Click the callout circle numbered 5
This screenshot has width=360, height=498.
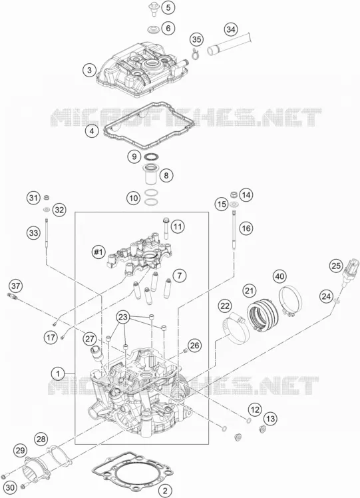pyautogui.click(x=168, y=7)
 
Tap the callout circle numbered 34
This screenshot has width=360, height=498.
pyautogui.click(x=231, y=29)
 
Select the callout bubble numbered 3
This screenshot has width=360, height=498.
pyautogui.click(x=90, y=70)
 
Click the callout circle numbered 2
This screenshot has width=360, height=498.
pyautogui.click(x=165, y=490)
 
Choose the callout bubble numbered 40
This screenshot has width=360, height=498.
pyautogui.click(x=279, y=276)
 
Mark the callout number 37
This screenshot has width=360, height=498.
pyautogui.click(x=15, y=286)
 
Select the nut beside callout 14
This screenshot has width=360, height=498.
pyautogui.click(x=234, y=194)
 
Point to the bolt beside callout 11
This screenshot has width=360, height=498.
pyautogui.click(x=166, y=228)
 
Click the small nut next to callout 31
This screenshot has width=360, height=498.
pyautogui.click(x=46, y=198)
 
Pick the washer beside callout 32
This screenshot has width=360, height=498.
pyautogui.click(x=47, y=210)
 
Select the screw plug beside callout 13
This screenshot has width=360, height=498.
pyautogui.click(x=262, y=430)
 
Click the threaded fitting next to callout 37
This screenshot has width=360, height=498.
pyautogui.click(x=13, y=296)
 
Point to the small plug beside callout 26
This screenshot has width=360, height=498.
pyautogui.click(x=186, y=350)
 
